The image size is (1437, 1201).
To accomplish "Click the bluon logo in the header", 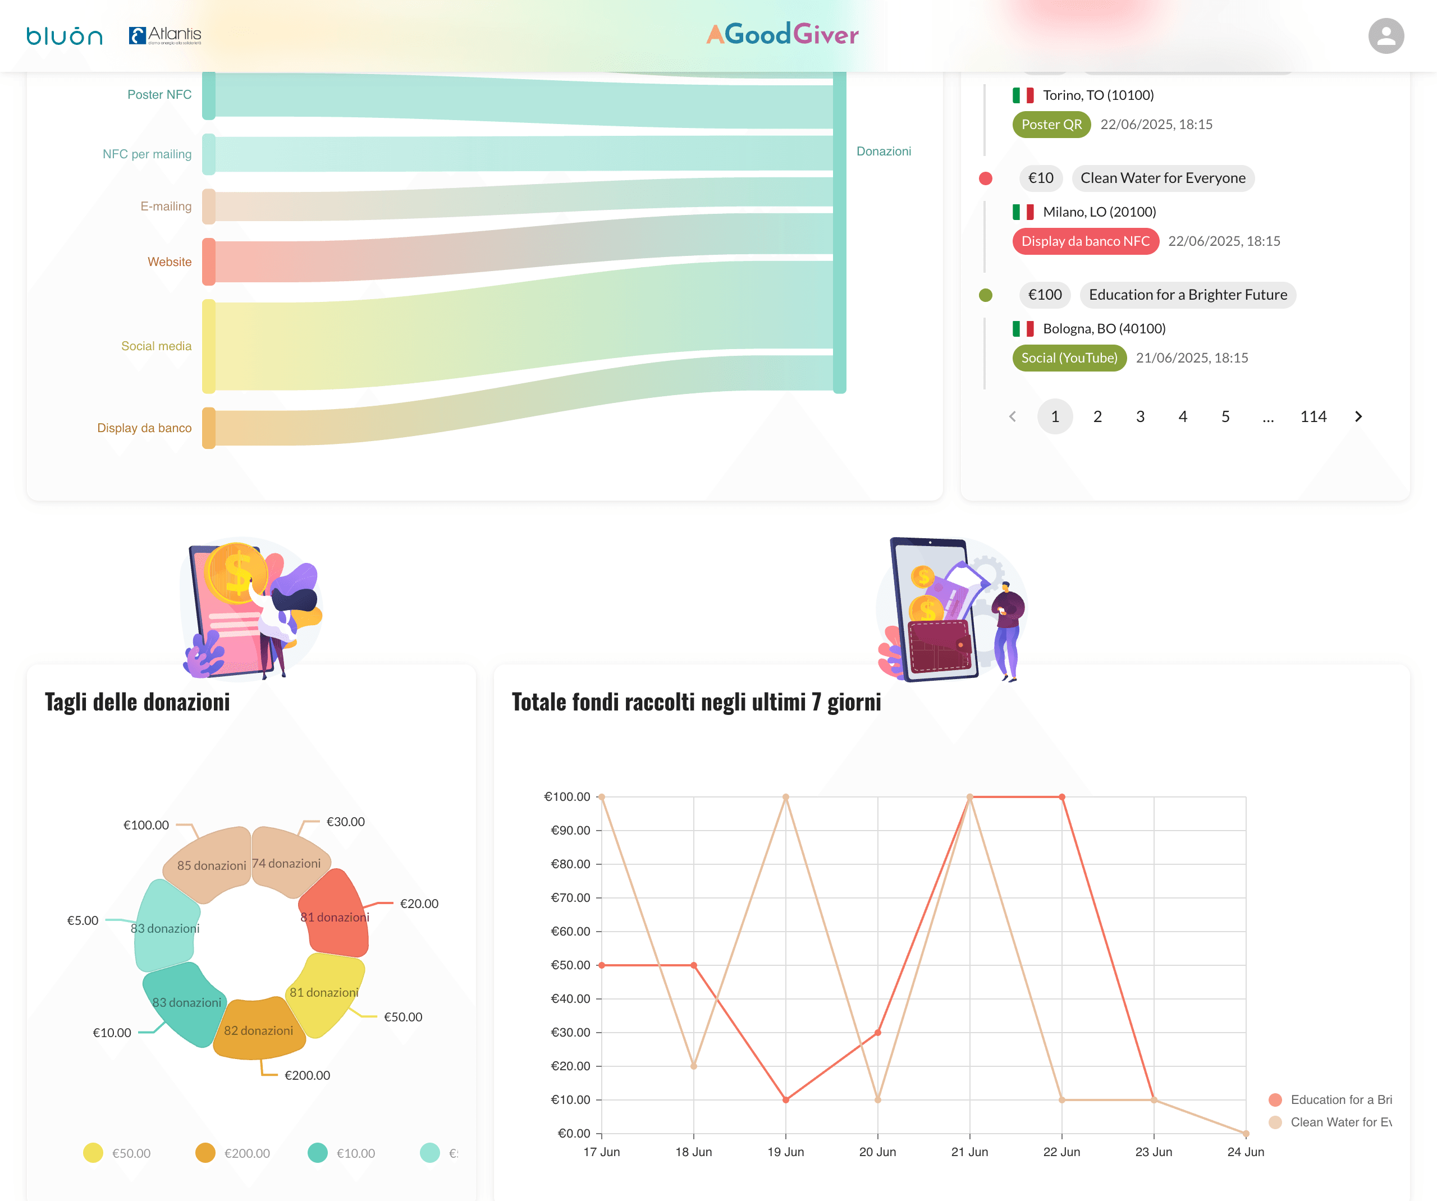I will pos(65,35).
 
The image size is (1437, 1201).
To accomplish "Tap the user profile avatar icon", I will pos(1386,35).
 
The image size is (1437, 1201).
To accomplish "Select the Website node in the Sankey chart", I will pos(209,262).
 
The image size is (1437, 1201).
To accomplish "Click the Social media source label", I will pos(156,346).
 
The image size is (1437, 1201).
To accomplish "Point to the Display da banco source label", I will pos(144,428).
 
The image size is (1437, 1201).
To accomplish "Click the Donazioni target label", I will pos(884,151).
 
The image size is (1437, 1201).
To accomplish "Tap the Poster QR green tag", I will pos(1051,125).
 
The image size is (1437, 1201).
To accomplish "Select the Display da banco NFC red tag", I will pos(1085,241).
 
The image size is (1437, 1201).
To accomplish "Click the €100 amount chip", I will pos(1045,295).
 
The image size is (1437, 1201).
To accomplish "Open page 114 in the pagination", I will pos(1313,417).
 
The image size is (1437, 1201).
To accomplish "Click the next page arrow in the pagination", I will pos(1358,417).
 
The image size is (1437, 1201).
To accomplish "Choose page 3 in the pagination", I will pos(1140,417).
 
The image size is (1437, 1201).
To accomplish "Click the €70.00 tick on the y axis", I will pos(571,898).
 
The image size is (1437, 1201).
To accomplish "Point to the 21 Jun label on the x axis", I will pos(969,1152).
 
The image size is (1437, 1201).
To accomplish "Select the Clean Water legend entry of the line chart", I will pos(1331,1122).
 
